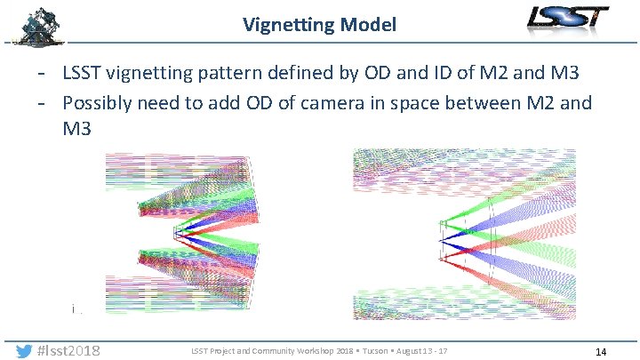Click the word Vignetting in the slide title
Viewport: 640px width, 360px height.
coord(289,25)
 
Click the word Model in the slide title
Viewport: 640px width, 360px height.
coord(368,25)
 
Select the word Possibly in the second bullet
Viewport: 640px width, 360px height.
coord(99,102)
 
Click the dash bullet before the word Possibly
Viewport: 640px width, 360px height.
coord(48,102)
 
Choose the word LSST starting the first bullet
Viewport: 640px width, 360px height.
coord(82,72)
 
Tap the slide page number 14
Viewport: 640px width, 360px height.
coord(601,352)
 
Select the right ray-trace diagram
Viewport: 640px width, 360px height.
coord(465,233)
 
